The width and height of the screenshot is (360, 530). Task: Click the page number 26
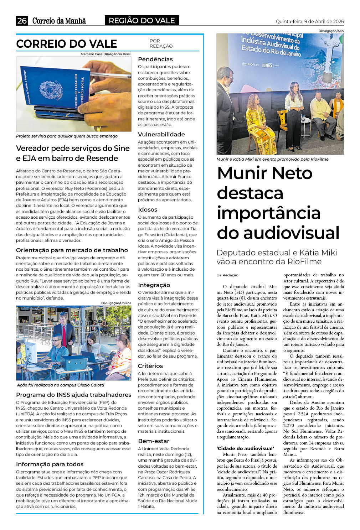(22, 21)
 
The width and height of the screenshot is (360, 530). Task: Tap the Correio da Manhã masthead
(59, 21)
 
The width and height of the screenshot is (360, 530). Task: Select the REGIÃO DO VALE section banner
(142, 21)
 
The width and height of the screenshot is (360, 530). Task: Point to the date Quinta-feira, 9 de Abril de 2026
(309, 21)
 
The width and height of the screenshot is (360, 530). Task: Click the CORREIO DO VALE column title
(67, 44)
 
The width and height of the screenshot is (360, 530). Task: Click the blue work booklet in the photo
(53, 89)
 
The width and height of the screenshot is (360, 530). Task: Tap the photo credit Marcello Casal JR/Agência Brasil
(106, 54)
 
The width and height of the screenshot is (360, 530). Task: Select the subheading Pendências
(155, 59)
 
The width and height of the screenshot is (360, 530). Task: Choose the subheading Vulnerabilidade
(161, 134)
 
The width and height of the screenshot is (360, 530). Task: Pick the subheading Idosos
(148, 209)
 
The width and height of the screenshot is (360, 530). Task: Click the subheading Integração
(154, 285)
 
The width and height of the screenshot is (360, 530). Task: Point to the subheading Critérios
(150, 366)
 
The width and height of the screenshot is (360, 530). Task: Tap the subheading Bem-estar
(153, 441)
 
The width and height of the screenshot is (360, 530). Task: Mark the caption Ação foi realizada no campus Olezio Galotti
(61, 385)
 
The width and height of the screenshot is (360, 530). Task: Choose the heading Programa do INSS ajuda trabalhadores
(73, 395)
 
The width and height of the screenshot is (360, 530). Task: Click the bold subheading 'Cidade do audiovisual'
(245, 448)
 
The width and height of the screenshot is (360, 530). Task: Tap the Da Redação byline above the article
(227, 275)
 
